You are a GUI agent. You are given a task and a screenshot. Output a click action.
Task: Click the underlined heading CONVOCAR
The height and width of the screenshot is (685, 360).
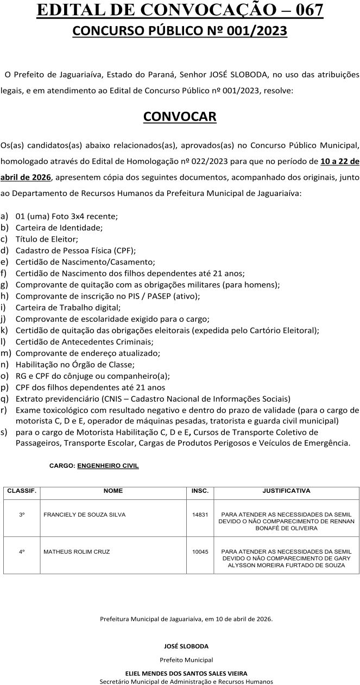[x=180, y=117]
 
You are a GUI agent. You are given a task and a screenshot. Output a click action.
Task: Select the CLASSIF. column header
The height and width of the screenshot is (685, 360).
[x=22, y=491]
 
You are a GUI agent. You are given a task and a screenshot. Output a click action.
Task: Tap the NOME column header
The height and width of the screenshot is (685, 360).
[x=113, y=491]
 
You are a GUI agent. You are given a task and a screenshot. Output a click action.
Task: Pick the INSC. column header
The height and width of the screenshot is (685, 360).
[x=200, y=491]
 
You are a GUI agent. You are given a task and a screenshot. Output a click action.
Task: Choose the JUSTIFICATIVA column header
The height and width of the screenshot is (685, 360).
[x=286, y=491]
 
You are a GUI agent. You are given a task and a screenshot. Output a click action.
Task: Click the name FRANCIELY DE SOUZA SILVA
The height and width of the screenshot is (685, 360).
[x=80, y=514]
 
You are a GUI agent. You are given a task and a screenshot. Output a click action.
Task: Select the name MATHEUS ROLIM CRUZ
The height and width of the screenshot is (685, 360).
[x=77, y=551]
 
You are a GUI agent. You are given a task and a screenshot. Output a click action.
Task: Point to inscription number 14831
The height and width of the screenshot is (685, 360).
[x=200, y=514]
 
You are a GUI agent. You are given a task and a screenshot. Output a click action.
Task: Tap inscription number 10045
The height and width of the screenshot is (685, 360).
[x=200, y=551]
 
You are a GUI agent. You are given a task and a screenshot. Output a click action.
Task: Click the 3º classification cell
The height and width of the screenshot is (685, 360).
[x=22, y=514]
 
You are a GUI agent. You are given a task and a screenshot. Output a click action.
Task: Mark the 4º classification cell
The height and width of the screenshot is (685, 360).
[x=22, y=551]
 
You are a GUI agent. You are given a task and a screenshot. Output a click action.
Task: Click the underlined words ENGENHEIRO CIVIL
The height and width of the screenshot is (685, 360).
[x=108, y=466]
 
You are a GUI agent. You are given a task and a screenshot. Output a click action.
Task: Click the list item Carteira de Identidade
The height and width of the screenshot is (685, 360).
[x=59, y=227]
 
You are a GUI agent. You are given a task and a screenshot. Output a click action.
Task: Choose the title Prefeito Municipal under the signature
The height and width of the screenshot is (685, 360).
[x=186, y=659]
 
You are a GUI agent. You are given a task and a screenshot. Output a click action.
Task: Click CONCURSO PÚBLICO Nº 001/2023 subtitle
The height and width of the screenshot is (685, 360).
[x=180, y=32]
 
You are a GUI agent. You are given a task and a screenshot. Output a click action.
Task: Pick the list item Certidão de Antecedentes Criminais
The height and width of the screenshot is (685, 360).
[x=84, y=342]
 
